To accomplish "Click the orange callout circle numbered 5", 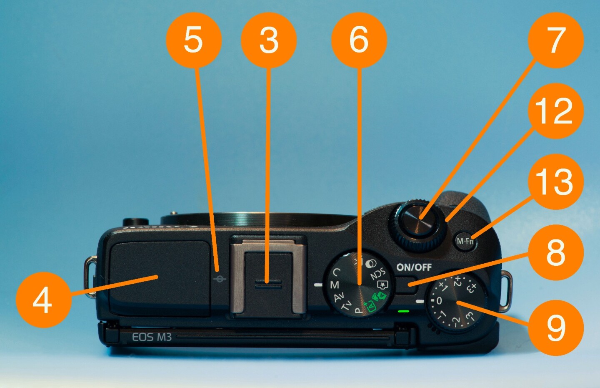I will pos(193,40).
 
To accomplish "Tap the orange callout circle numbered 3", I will pos(269,40).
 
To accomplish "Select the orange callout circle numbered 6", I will pos(359,40).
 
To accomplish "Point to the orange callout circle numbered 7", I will pos(555,40).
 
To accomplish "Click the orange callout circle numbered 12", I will pos(555,111).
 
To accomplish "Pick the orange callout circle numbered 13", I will pos(555,181).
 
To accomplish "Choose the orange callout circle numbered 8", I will pos(555,252).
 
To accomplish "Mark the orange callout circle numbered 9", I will pos(555,328).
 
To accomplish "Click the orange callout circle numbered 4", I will pos(43,300).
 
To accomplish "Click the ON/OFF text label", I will pos(414,267).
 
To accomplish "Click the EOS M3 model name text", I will pos(152,337).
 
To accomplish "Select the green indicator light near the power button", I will pos(403,311).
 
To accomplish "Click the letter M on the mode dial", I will pos(335,285).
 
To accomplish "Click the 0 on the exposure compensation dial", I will pos(439,300).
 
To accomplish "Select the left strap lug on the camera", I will pos(90,277).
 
